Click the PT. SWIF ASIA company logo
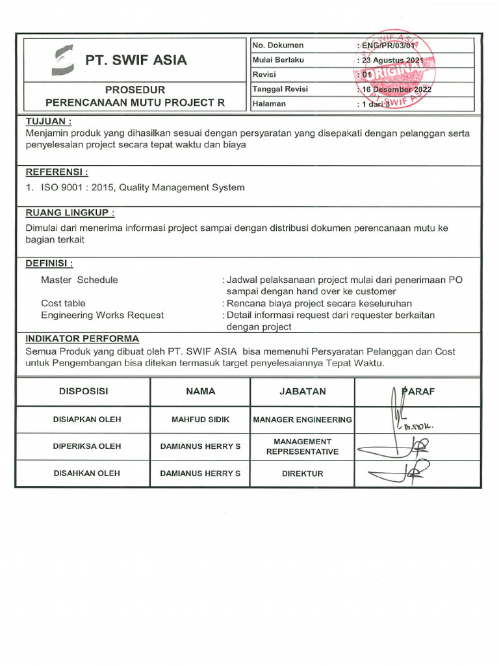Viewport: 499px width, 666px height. tap(64, 60)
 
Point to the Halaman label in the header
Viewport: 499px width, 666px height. tap(269, 103)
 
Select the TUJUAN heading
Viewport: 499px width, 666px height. tap(48, 122)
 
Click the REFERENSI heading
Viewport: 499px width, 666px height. tap(56, 172)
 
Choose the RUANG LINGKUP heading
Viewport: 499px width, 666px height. tap(70, 213)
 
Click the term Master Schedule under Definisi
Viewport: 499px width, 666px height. tap(79, 280)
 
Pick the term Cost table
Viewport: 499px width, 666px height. tap(63, 303)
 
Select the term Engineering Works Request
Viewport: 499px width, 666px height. tap(102, 315)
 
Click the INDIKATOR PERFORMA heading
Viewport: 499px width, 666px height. tap(82, 338)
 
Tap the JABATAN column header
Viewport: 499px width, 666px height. tap(302, 392)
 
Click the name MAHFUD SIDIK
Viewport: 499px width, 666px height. tap(200, 420)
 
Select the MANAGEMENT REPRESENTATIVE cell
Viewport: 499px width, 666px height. tap(302, 446)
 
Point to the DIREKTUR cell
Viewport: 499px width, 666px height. tap(302, 473)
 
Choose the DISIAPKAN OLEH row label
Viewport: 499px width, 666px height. tap(86, 420)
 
